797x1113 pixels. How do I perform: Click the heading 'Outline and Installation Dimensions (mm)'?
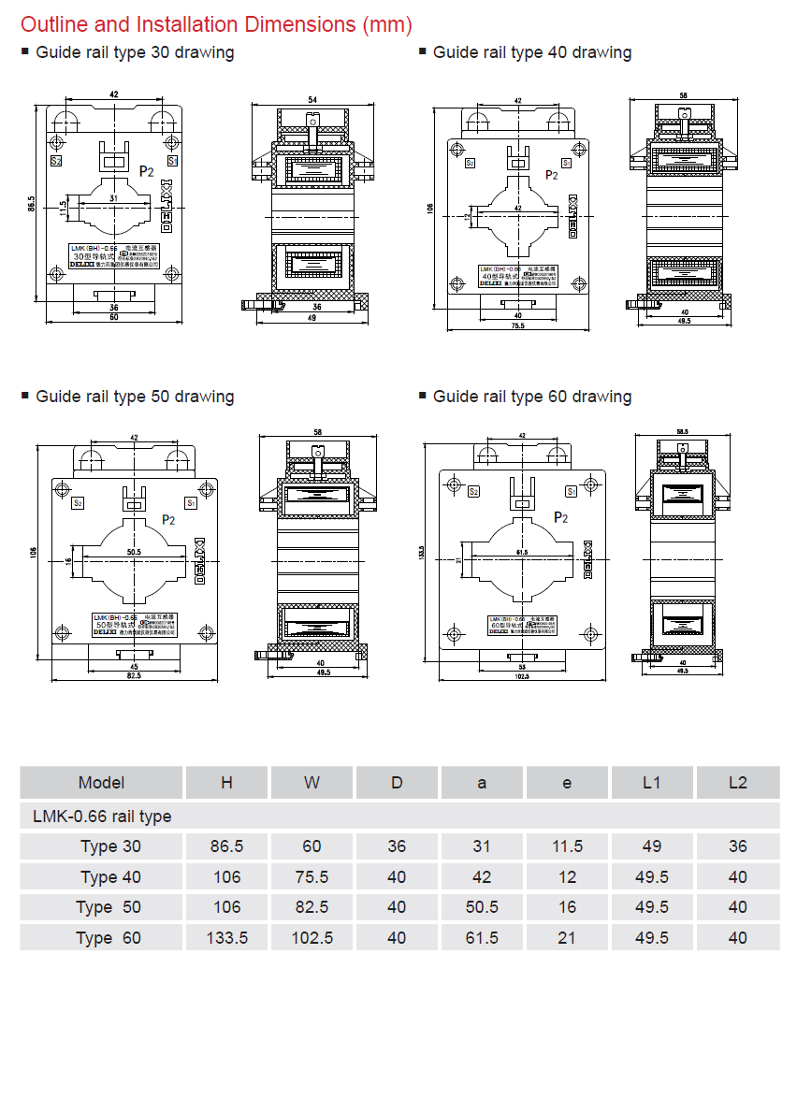pyautogui.click(x=216, y=24)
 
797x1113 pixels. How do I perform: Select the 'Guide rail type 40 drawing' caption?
pyautogui.click(x=531, y=52)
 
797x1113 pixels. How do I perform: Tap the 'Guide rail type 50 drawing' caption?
pyautogui.click(x=135, y=397)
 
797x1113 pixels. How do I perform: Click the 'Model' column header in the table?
pyautogui.click(x=101, y=783)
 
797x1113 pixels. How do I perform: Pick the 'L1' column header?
pyautogui.click(x=652, y=783)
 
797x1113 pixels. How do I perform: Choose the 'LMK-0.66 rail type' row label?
pyautogui.click(x=102, y=817)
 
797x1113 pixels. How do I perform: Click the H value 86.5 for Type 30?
pyautogui.click(x=226, y=846)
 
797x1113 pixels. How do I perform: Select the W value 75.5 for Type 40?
pyautogui.click(x=312, y=877)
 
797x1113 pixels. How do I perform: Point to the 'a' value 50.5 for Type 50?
pyautogui.click(x=482, y=907)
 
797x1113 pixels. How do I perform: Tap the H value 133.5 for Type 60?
pyautogui.click(x=226, y=937)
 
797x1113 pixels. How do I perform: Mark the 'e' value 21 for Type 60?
pyautogui.click(x=567, y=937)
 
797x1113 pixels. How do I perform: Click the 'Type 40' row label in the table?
pyautogui.click(x=111, y=877)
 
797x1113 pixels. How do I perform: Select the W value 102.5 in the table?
pyautogui.click(x=312, y=937)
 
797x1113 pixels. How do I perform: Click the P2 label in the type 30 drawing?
pyautogui.click(x=146, y=171)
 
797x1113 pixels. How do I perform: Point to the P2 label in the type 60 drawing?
pyautogui.click(x=561, y=517)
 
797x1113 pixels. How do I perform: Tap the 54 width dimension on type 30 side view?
pyautogui.click(x=312, y=99)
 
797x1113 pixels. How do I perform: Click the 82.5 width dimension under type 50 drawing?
pyautogui.click(x=135, y=674)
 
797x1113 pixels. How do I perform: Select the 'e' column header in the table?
pyautogui.click(x=567, y=783)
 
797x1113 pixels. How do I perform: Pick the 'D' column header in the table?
pyautogui.click(x=397, y=783)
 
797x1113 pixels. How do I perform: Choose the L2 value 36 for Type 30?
pyautogui.click(x=737, y=846)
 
